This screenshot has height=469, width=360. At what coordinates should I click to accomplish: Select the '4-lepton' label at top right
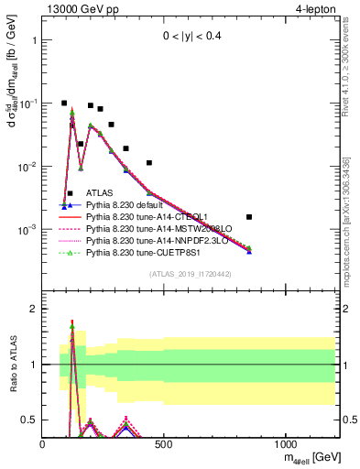point(317,9)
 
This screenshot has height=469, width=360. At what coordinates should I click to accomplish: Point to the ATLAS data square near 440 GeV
point(149,163)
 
